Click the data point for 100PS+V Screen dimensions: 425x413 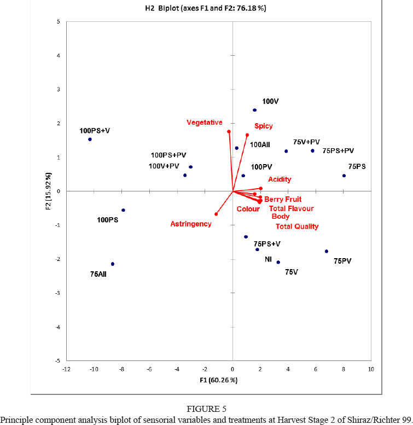(x=90, y=139)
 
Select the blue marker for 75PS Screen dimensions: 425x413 (x=344, y=176)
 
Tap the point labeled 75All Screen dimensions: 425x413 (x=113, y=264)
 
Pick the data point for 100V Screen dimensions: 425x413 (x=254, y=110)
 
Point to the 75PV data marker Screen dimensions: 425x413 (x=327, y=252)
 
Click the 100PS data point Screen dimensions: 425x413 (x=123, y=210)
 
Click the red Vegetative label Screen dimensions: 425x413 (x=205, y=122)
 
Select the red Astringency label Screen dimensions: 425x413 (x=190, y=224)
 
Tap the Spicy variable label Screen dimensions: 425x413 (x=263, y=126)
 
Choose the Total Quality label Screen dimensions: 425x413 (x=296, y=226)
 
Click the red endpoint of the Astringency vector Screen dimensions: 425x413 (x=216, y=214)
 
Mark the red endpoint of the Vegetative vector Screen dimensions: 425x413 (x=229, y=132)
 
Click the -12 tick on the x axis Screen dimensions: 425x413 (x=66, y=369)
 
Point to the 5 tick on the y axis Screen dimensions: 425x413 (x=58, y=21)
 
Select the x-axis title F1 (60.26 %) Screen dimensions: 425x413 (x=219, y=380)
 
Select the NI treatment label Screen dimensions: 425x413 (x=268, y=259)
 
